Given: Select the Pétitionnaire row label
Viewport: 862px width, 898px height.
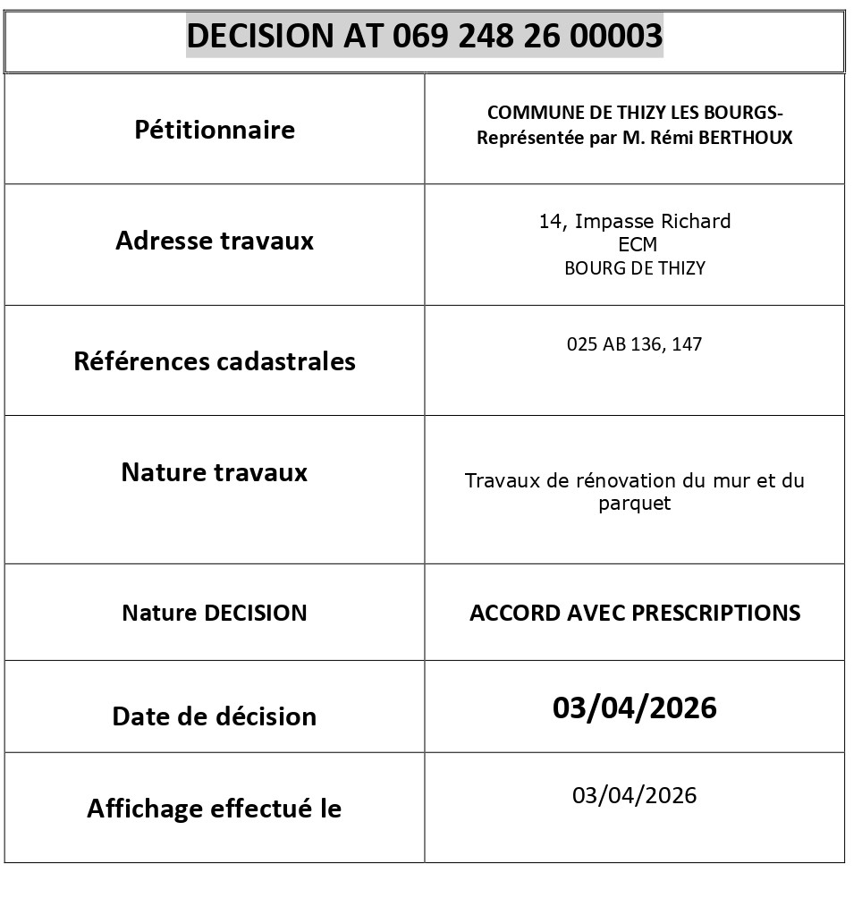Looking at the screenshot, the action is click(215, 130).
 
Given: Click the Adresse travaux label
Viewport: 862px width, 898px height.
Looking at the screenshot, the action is click(215, 241).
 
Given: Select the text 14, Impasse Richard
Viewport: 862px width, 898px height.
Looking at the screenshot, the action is click(634, 222).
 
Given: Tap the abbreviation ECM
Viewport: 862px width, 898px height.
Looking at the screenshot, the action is click(637, 245).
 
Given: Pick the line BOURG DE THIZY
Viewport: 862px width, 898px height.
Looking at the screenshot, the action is click(634, 268).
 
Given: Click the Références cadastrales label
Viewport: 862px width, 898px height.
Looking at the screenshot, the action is click(215, 361).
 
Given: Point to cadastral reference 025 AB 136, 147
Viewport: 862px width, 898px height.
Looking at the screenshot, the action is click(634, 344).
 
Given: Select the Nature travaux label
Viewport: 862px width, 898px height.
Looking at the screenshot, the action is click(215, 472).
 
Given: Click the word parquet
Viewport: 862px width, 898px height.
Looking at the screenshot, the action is click(634, 504).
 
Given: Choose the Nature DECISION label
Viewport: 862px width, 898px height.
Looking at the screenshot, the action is click(215, 613).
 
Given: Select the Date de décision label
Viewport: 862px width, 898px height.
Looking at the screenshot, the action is click(215, 716).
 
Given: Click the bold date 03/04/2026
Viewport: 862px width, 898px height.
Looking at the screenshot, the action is click(634, 707).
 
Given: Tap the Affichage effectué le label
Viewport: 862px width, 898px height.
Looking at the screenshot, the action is click(215, 809).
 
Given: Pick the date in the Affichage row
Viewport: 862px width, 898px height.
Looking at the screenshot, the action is click(634, 795).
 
